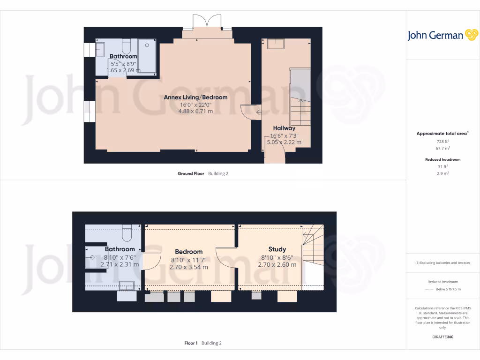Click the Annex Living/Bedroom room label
[x=195, y=97]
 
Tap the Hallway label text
[x=284, y=128]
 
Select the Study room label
[x=277, y=249]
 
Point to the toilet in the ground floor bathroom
[x=126, y=46]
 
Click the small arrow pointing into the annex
[x=258, y=112]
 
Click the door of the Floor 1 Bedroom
[x=151, y=261]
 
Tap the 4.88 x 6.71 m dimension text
[x=195, y=112]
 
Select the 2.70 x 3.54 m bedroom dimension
[x=189, y=267]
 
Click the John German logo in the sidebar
[x=442, y=35]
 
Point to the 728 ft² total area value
[x=440, y=141]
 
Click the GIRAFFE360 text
[x=443, y=337]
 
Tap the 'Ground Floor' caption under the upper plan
[x=191, y=173]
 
